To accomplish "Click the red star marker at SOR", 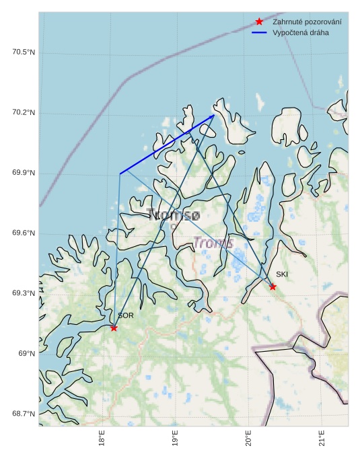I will point(114,328).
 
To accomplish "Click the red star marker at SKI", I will point(273,287).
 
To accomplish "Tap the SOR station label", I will point(126,315).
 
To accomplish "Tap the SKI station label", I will point(282,274).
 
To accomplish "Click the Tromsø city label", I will point(173,215).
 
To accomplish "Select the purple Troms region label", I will point(213,243).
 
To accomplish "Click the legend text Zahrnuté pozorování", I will point(307,22).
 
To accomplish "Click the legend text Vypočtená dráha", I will point(301,32).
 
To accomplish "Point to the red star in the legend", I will point(259,22).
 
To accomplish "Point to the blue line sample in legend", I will point(259,32).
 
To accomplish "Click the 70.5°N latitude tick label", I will point(24,52).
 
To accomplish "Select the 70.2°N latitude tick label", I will point(24,112).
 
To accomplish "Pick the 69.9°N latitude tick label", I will point(24,173).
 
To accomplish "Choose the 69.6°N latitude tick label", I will point(24,233).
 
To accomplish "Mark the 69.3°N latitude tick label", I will point(24,293).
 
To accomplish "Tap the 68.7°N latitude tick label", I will point(24,414).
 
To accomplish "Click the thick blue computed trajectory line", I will point(167,145).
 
